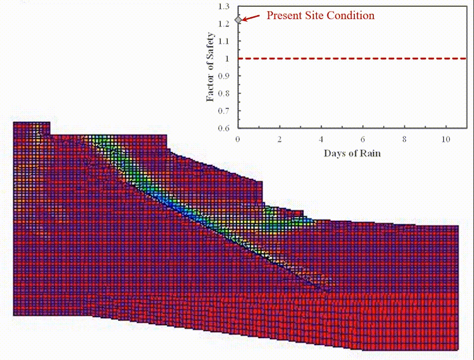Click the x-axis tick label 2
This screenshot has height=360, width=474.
(280, 138)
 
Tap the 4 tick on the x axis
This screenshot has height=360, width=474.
(321, 138)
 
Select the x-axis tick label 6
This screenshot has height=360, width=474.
(363, 138)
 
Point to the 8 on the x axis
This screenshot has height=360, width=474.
(404, 138)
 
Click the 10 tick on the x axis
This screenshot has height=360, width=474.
(446, 138)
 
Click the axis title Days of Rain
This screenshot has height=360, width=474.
(352, 153)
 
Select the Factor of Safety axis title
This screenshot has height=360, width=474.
(211, 67)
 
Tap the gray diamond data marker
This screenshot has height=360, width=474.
(238, 19)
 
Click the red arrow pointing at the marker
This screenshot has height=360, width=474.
(253, 17)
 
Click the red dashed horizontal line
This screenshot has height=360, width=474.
(349, 59)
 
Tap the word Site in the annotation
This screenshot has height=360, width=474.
(316, 15)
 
